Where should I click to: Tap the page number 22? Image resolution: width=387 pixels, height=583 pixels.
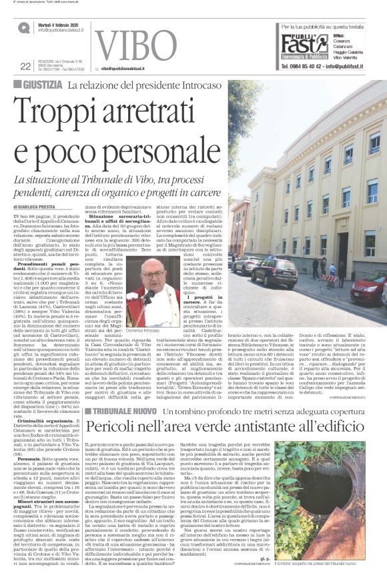pyautogui.click(x=25, y=66)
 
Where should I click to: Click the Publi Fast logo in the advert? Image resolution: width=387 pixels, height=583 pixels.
pyautogui.click(x=304, y=45)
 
